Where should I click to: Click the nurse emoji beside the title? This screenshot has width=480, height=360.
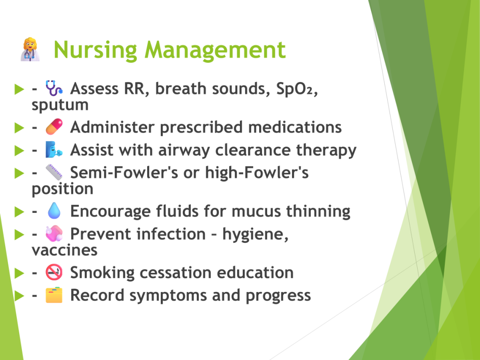pyautogui.click(x=30, y=50)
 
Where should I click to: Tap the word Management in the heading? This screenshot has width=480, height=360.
pyautogui.click(x=215, y=50)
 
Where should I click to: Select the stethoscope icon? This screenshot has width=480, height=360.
pyautogui.click(x=54, y=88)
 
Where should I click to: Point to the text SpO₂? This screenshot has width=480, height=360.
pyautogui.click(x=296, y=89)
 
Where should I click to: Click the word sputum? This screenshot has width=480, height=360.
pyautogui.click(x=60, y=105)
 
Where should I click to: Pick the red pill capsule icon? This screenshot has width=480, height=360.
pyautogui.click(x=54, y=127)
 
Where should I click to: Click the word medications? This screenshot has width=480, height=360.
pyautogui.click(x=295, y=127)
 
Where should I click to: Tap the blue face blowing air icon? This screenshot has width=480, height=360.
pyautogui.click(x=54, y=150)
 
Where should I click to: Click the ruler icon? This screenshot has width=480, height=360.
pyautogui.click(x=54, y=172)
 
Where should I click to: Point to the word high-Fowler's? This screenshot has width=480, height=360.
pyautogui.click(x=256, y=172)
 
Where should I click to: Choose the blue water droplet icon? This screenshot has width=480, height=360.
pyautogui.click(x=54, y=210)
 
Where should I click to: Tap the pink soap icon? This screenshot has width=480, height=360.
pyautogui.click(x=54, y=233)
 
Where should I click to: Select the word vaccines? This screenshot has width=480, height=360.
pyautogui.click(x=65, y=250)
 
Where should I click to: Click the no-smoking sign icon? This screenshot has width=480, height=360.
pyautogui.click(x=54, y=272)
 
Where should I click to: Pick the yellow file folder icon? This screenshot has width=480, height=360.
pyautogui.click(x=54, y=295)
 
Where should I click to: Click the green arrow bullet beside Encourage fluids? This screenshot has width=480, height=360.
pyautogui.click(x=19, y=211)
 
